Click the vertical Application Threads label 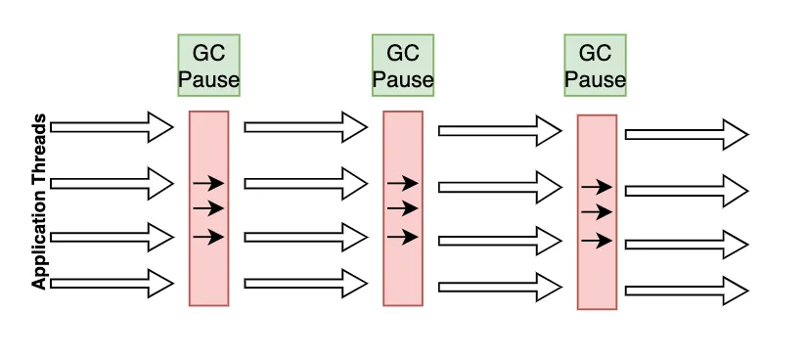coord(39,202)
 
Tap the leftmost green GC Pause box coord(208,66)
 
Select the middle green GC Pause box coord(402,66)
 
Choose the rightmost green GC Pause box coord(595,66)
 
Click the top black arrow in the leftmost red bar coord(208,183)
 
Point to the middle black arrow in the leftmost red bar coord(208,208)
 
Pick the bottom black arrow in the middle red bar coord(402,237)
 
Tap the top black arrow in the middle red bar coord(402,183)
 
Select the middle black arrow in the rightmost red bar coord(596,212)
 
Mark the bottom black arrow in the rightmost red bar coord(596,241)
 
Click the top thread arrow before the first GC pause coord(112,126)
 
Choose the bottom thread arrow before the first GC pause coord(112,284)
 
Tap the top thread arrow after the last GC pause coord(687,134)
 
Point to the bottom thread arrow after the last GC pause coord(687,290)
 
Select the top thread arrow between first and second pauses coord(305,126)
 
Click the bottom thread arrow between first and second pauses coord(305,284)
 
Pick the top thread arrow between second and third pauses coord(500,130)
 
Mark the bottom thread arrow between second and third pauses coord(500,287)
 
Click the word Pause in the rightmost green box coord(595,79)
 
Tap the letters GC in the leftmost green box coord(208,52)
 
